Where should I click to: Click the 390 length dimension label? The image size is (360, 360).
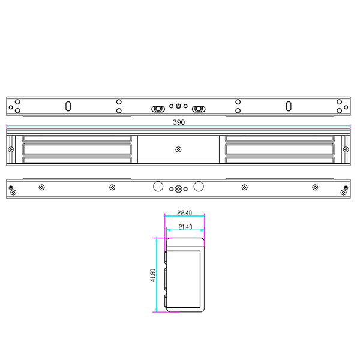pos(179,122)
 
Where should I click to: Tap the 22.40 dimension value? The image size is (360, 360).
pos(184,213)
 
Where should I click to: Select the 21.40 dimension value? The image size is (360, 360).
pos(185,227)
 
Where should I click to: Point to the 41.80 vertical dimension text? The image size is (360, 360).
pos(153,275)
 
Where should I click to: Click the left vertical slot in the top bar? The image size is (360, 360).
pos(68,106)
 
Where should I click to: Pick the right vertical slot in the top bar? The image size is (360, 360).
pos(289,106)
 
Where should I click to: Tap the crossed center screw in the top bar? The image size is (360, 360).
pos(178,106)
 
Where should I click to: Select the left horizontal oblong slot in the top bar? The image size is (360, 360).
pos(158,109)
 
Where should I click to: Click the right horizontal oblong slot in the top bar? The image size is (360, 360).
pos(199,109)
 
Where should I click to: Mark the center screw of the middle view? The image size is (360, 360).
pos(178,149)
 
